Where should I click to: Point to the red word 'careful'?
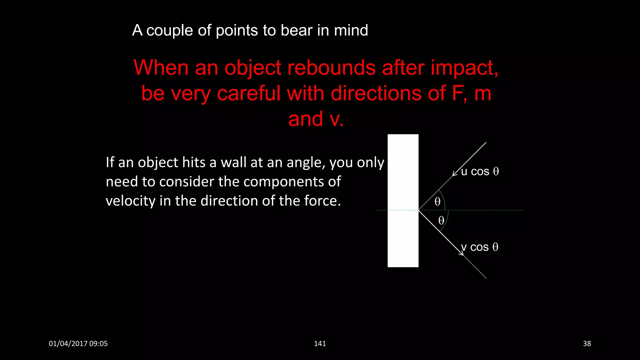pyautogui.click(x=249, y=93)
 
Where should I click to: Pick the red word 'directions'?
pyautogui.click(x=376, y=93)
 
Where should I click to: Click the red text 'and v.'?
pyautogui.click(x=316, y=119)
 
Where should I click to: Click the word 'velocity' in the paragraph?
pyautogui.click(x=130, y=201)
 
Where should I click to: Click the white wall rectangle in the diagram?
pyautogui.click(x=403, y=201)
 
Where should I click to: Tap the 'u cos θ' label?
pyautogui.click(x=480, y=172)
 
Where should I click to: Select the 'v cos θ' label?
pyautogui.click(x=480, y=247)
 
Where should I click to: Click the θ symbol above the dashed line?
pyautogui.click(x=437, y=202)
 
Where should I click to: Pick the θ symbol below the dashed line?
pyautogui.click(x=441, y=220)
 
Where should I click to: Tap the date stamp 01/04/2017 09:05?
pyautogui.click(x=78, y=344)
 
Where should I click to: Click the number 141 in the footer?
pyautogui.click(x=320, y=344)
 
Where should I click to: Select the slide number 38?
pyautogui.click(x=587, y=344)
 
